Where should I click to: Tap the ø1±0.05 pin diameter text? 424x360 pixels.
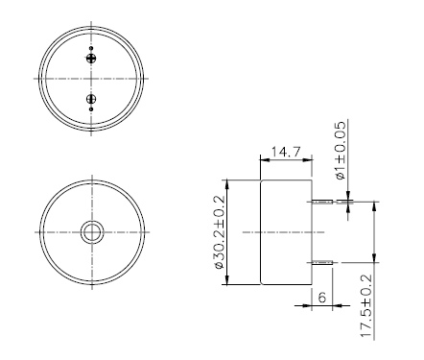[x=339, y=152]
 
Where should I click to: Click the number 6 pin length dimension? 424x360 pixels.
[x=321, y=299]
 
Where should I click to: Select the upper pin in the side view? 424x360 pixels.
[x=322, y=203]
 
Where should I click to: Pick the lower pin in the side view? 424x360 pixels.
[x=322, y=261]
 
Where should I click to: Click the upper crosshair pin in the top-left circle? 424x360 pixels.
[x=92, y=59]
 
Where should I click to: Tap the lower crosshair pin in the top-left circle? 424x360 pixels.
[x=92, y=99]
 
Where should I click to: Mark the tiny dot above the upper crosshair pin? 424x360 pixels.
[x=92, y=47]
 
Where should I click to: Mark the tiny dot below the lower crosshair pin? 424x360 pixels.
[x=92, y=110]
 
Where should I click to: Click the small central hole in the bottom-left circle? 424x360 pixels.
[x=93, y=231]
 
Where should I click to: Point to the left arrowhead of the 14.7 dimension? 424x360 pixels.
[x=265, y=161]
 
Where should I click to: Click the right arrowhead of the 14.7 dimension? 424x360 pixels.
[x=308, y=161]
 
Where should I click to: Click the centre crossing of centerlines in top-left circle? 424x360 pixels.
[x=92, y=78]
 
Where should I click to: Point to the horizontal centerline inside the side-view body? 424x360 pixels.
[x=286, y=231]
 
